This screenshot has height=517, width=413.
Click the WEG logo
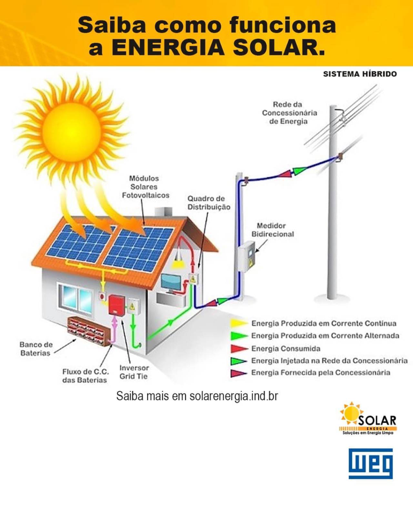pyautogui.click(x=371, y=463)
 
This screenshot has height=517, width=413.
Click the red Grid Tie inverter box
pyautogui.click(x=116, y=304)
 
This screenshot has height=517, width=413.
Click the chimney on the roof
pyautogui.click(x=163, y=212)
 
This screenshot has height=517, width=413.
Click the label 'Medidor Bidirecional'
pyautogui.click(x=273, y=230)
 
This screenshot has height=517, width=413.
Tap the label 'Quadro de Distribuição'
pyautogui.click(x=209, y=203)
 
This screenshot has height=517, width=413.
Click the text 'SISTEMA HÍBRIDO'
pyautogui.click(x=360, y=74)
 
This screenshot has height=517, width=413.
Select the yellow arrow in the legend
pyautogui.click(x=239, y=323)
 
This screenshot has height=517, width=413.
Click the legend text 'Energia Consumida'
pyautogui.click(x=286, y=348)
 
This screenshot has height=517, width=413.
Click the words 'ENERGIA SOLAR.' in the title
pyautogui.click(x=218, y=47)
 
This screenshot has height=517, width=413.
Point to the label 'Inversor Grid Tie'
pyautogui.click(x=134, y=372)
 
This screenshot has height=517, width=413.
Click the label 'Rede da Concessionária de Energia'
pyautogui.click(x=289, y=113)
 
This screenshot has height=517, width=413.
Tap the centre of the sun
pyautogui.click(x=72, y=129)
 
